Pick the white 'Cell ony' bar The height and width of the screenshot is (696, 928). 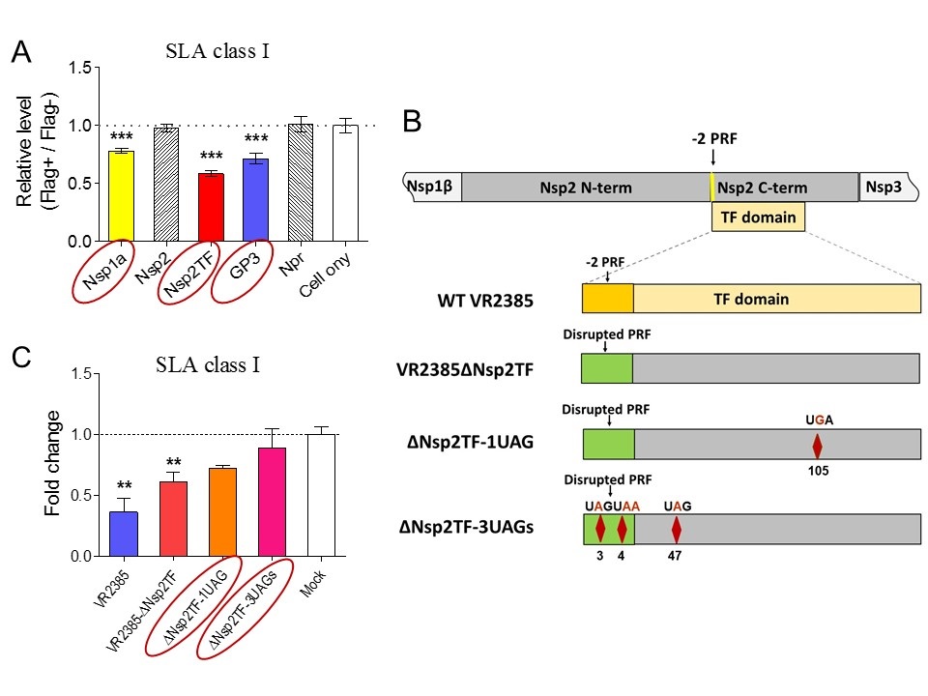pos(344,183)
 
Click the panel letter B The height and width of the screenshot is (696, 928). pos(411,122)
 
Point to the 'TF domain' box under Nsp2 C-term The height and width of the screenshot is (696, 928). pos(758,217)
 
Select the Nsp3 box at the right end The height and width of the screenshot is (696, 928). pos(885,188)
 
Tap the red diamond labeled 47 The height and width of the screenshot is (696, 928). pos(677,529)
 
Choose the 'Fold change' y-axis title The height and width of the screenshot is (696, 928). pos(54,463)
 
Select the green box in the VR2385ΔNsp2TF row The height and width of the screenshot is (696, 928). pos(606,368)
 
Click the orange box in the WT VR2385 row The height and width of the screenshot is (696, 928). pos(607,299)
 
